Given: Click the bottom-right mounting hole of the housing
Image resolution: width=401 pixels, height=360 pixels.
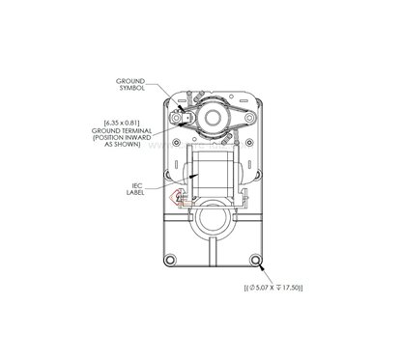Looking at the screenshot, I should pos(256,261).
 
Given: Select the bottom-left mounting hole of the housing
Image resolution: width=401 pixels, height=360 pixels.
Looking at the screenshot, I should pos(171,261).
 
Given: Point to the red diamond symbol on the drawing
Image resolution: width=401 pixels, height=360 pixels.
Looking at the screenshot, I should pos(177,197).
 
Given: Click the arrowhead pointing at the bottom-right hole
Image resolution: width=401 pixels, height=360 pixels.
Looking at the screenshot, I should pos(259,264).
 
